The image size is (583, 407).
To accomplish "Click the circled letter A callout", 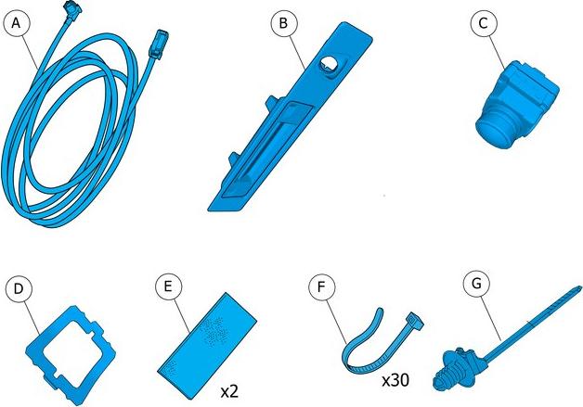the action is [16, 23].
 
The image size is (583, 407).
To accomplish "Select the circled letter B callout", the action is [283, 23].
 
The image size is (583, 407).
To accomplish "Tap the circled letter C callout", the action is [483, 23].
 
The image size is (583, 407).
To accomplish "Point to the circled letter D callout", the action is [19, 289].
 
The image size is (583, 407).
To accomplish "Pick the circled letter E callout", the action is [168, 286].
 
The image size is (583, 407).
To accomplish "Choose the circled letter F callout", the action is [321, 286].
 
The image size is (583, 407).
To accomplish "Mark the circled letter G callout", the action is [476, 284].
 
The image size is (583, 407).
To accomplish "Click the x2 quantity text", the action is [229, 392].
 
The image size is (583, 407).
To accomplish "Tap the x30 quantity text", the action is [395, 380].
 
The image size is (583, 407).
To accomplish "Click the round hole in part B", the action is [329, 64].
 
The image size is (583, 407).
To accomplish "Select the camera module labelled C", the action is [517, 105].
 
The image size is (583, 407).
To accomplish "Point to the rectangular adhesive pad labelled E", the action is [207, 346].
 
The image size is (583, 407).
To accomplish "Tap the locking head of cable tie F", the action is [415, 321].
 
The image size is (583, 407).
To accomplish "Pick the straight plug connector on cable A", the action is [158, 45].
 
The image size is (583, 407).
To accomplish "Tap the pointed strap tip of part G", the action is [578, 288].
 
